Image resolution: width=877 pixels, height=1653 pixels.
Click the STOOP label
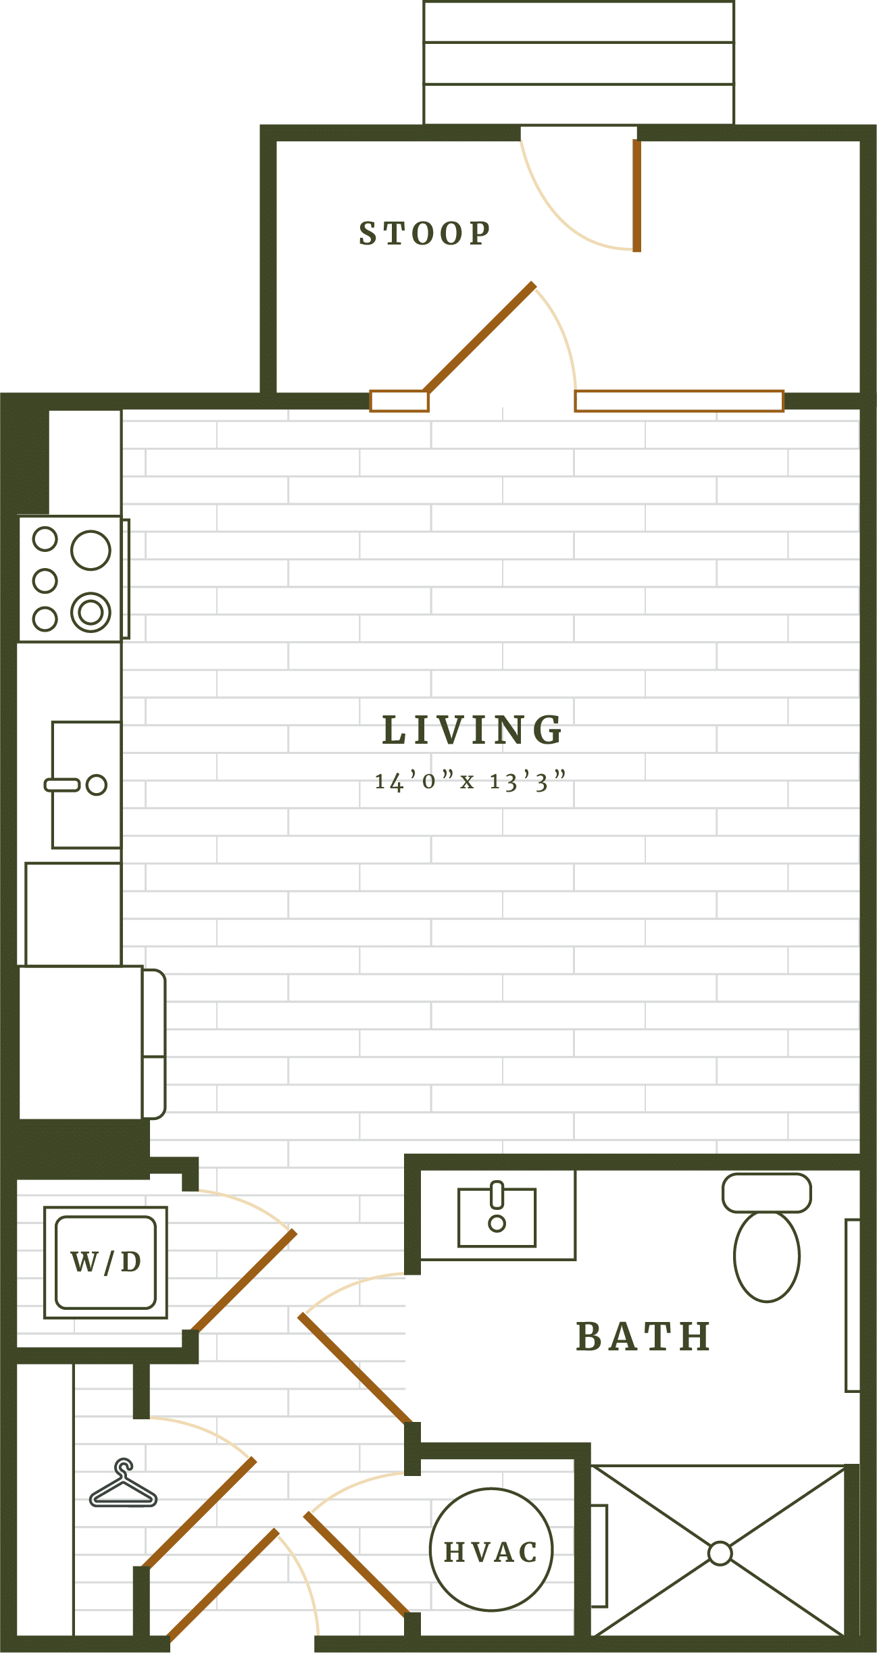coord(424,234)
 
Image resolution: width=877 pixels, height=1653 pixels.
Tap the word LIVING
coord(472,731)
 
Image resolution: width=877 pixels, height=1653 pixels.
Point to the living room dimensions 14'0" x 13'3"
coord(470,782)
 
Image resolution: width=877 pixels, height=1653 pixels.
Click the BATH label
coord(643,1337)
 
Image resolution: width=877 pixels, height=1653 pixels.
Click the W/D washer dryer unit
coord(105,1262)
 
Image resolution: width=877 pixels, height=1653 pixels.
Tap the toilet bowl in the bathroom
coord(766,1256)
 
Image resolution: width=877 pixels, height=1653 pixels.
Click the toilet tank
coord(766,1193)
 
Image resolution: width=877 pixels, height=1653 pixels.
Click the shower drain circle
coord(720,1553)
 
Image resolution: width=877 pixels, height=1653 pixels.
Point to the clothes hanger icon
coord(124,1486)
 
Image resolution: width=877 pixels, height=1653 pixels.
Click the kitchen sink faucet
coord(63,784)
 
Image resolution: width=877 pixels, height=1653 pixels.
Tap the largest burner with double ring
coord(91,612)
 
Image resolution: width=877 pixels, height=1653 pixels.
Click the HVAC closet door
coord(356,1564)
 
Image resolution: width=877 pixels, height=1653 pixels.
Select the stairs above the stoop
coord(578,63)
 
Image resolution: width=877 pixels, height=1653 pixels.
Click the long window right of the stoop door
coord(678,401)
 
